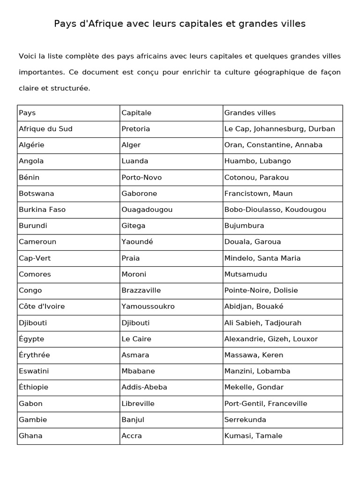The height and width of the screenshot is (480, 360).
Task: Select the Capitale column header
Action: coord(136,113)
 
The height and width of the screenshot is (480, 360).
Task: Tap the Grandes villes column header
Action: coord(250,113)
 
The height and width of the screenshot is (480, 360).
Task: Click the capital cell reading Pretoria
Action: coord(135,129)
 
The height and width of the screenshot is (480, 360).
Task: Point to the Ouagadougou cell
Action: coord(147,210)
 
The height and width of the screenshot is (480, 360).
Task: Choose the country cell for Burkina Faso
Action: coord(42,210)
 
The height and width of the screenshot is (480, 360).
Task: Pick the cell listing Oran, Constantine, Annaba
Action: coord(273,145)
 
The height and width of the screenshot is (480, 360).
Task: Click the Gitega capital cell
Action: coord(133,225)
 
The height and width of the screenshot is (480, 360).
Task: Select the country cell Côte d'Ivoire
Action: coord(42,307)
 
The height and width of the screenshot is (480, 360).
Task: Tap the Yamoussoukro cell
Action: coord(148,307)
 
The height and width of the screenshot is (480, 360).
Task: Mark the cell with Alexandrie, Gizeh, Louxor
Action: coord(271,339)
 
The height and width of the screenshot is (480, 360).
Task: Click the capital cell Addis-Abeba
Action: coord(144,387)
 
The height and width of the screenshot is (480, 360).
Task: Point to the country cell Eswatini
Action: coord(34,371)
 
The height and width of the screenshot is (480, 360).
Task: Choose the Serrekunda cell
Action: coord(245,420)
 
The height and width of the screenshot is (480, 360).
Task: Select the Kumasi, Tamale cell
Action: coord(253,436)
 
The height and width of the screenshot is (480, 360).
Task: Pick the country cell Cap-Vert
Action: coord(35,258)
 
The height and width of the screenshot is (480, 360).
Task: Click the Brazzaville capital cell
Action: coord(141,290)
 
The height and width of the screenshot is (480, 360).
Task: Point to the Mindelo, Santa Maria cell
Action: coord(262,258)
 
